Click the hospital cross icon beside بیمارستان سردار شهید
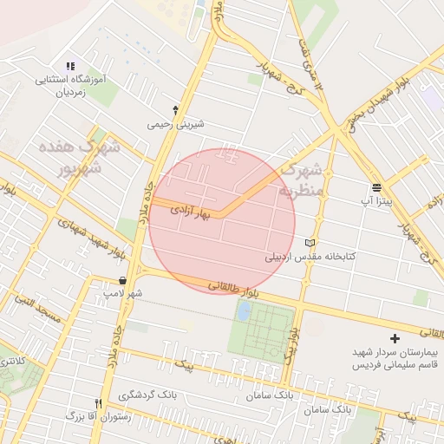[395, 338]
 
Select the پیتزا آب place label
[376, 200]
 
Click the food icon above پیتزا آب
[376, 186]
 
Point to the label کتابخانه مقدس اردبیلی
[310, 258]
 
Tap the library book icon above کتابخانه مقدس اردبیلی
[311, 243]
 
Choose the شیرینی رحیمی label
[177, 124]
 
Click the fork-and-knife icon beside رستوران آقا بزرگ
[98, 403]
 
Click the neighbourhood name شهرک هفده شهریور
[73, 155]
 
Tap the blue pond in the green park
[245, 310]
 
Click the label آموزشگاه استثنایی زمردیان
[69, 84]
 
